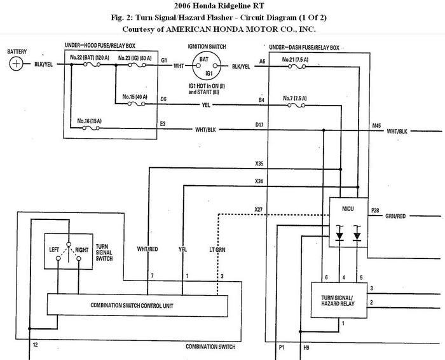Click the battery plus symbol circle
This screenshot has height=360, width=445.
point(16,64)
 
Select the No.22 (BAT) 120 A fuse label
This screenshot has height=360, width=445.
point(90,58)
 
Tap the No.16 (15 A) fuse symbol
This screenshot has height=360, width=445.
point(91,128)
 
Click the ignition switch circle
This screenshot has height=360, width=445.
point(207,66)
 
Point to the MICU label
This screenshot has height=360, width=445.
point(348,209)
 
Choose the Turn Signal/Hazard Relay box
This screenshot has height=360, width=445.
point(339,300)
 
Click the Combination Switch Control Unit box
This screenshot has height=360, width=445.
point(137,305)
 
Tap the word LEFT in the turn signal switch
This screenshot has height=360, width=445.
point(54,249)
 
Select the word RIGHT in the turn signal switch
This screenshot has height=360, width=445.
point(82,250)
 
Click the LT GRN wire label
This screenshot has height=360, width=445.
point(217,250)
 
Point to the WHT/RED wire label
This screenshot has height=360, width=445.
point(147,249)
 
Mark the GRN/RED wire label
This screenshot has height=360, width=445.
point(395,216)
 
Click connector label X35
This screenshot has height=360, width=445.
point(259,163)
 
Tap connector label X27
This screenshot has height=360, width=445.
point(259,209)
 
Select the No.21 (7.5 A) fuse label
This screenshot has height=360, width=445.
point(295,60)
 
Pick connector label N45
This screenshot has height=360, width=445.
point(376,125)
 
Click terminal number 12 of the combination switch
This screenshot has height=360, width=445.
point(35,345)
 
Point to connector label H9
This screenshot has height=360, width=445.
point(306,347)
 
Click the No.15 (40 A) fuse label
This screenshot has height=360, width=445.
point(135,97)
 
